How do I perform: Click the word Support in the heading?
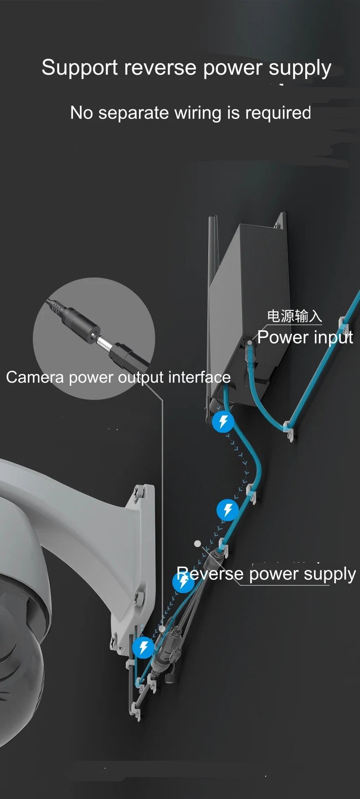coord(80,68)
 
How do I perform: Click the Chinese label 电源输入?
coord(294,316)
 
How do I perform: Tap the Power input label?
coord(305,338)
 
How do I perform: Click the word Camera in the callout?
coord(35,377)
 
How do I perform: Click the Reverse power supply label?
coord(266,574)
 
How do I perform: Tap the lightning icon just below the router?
coord(223,421)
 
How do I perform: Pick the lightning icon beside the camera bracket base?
coord(143,647)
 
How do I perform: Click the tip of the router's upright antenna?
coord(211,220)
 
